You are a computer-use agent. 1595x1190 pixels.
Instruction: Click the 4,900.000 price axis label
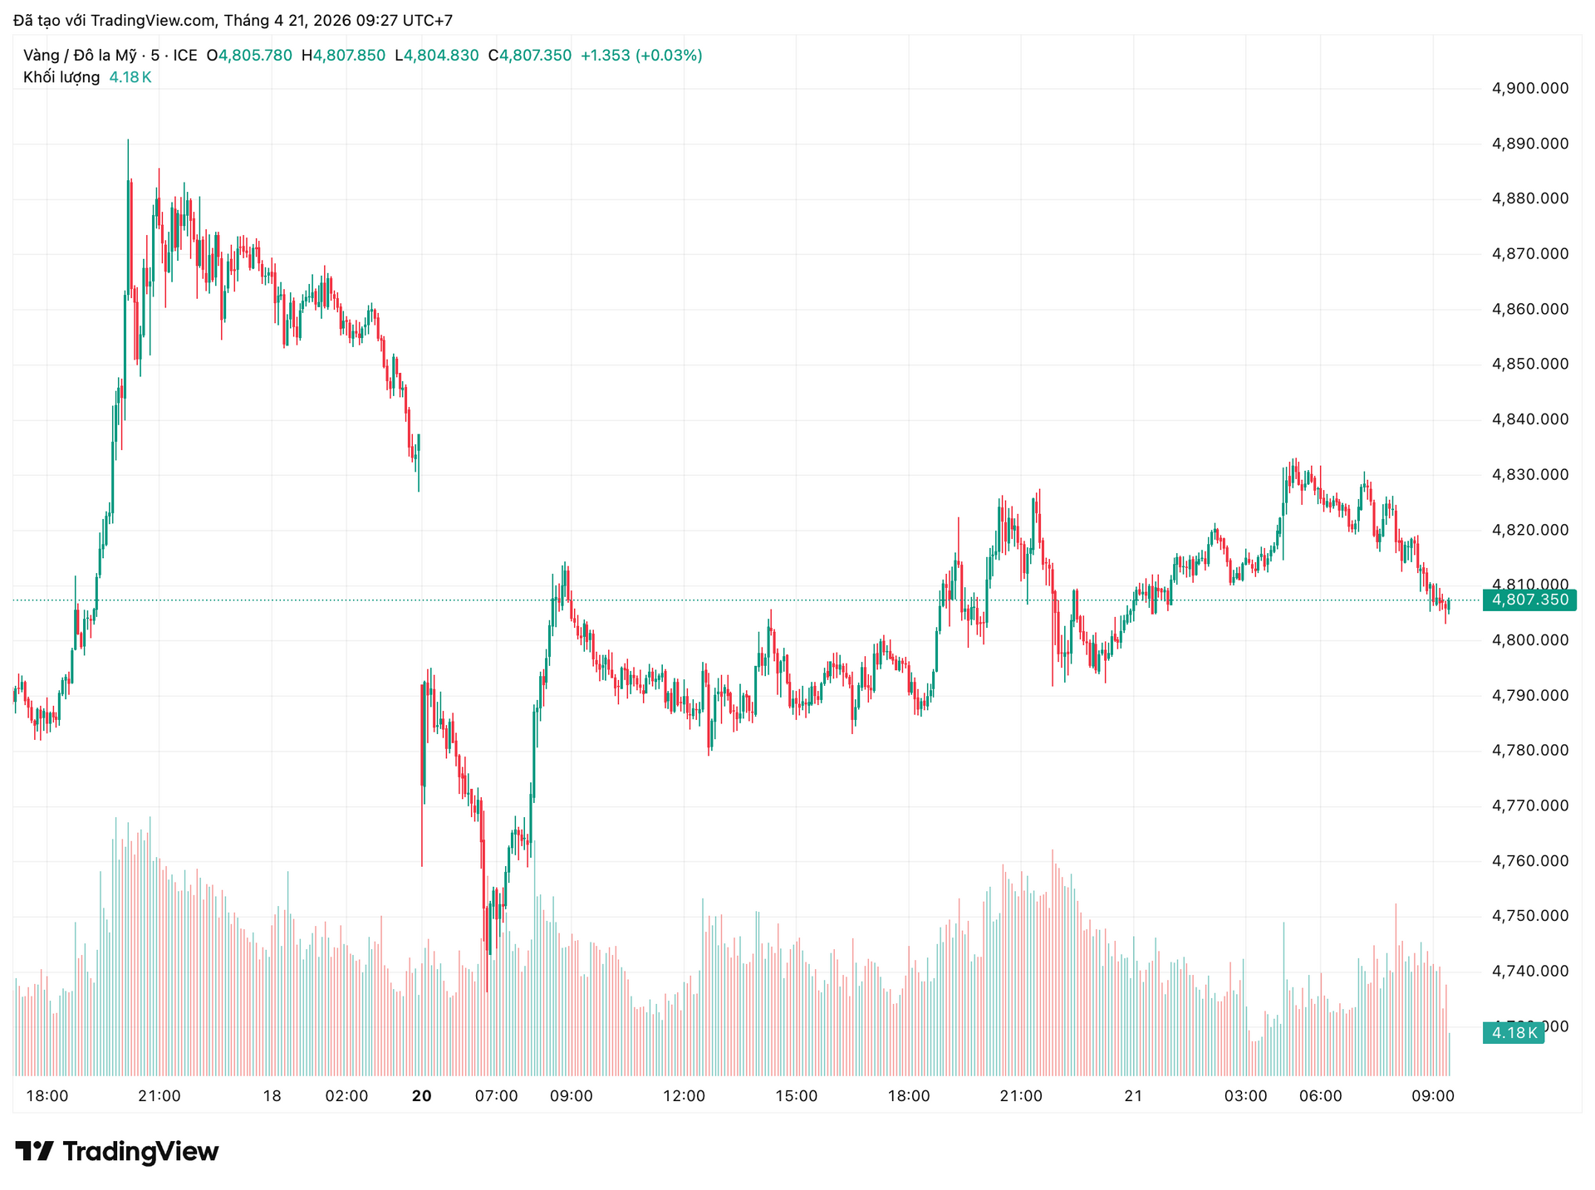(x=1530, y=88)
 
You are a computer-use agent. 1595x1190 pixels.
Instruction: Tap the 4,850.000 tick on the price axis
(x=1530, y=364)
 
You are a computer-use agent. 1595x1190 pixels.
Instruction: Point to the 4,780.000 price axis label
(x=1530, y=750)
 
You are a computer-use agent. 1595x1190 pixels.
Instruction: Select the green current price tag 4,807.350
(x=1529, y=600)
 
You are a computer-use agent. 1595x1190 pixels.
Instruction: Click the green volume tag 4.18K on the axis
(x=1513, y=1032)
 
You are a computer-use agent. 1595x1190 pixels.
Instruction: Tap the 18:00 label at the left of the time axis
(x=47, y=1096)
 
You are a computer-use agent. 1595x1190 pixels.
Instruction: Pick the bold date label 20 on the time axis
(x=421, y=1096)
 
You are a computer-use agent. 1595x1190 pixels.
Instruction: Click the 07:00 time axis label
(x=496, y=1096)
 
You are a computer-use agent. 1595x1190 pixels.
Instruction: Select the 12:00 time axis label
(x=684, y=1096)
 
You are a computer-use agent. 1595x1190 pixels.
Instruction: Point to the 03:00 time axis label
(x=1245, y=1096)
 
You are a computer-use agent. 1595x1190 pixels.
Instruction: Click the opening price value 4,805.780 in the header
(x=255, y=56)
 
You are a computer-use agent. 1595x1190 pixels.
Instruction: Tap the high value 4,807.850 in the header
(x=349, y=56)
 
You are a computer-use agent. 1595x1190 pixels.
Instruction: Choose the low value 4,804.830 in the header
(x=441, y=56)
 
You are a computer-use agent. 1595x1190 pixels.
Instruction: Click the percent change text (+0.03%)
(x=669, y=56)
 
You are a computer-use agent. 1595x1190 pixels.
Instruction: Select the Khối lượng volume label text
(x=61, y=77)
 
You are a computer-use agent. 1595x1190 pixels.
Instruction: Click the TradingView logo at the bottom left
(x=117, y=1151)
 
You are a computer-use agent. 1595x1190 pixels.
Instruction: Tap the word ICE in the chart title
(x=185, y=56)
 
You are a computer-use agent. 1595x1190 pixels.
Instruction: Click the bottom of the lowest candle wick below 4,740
(x=487, y=992)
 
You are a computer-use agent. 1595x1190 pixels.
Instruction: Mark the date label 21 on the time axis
(x=1133, y=1096)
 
